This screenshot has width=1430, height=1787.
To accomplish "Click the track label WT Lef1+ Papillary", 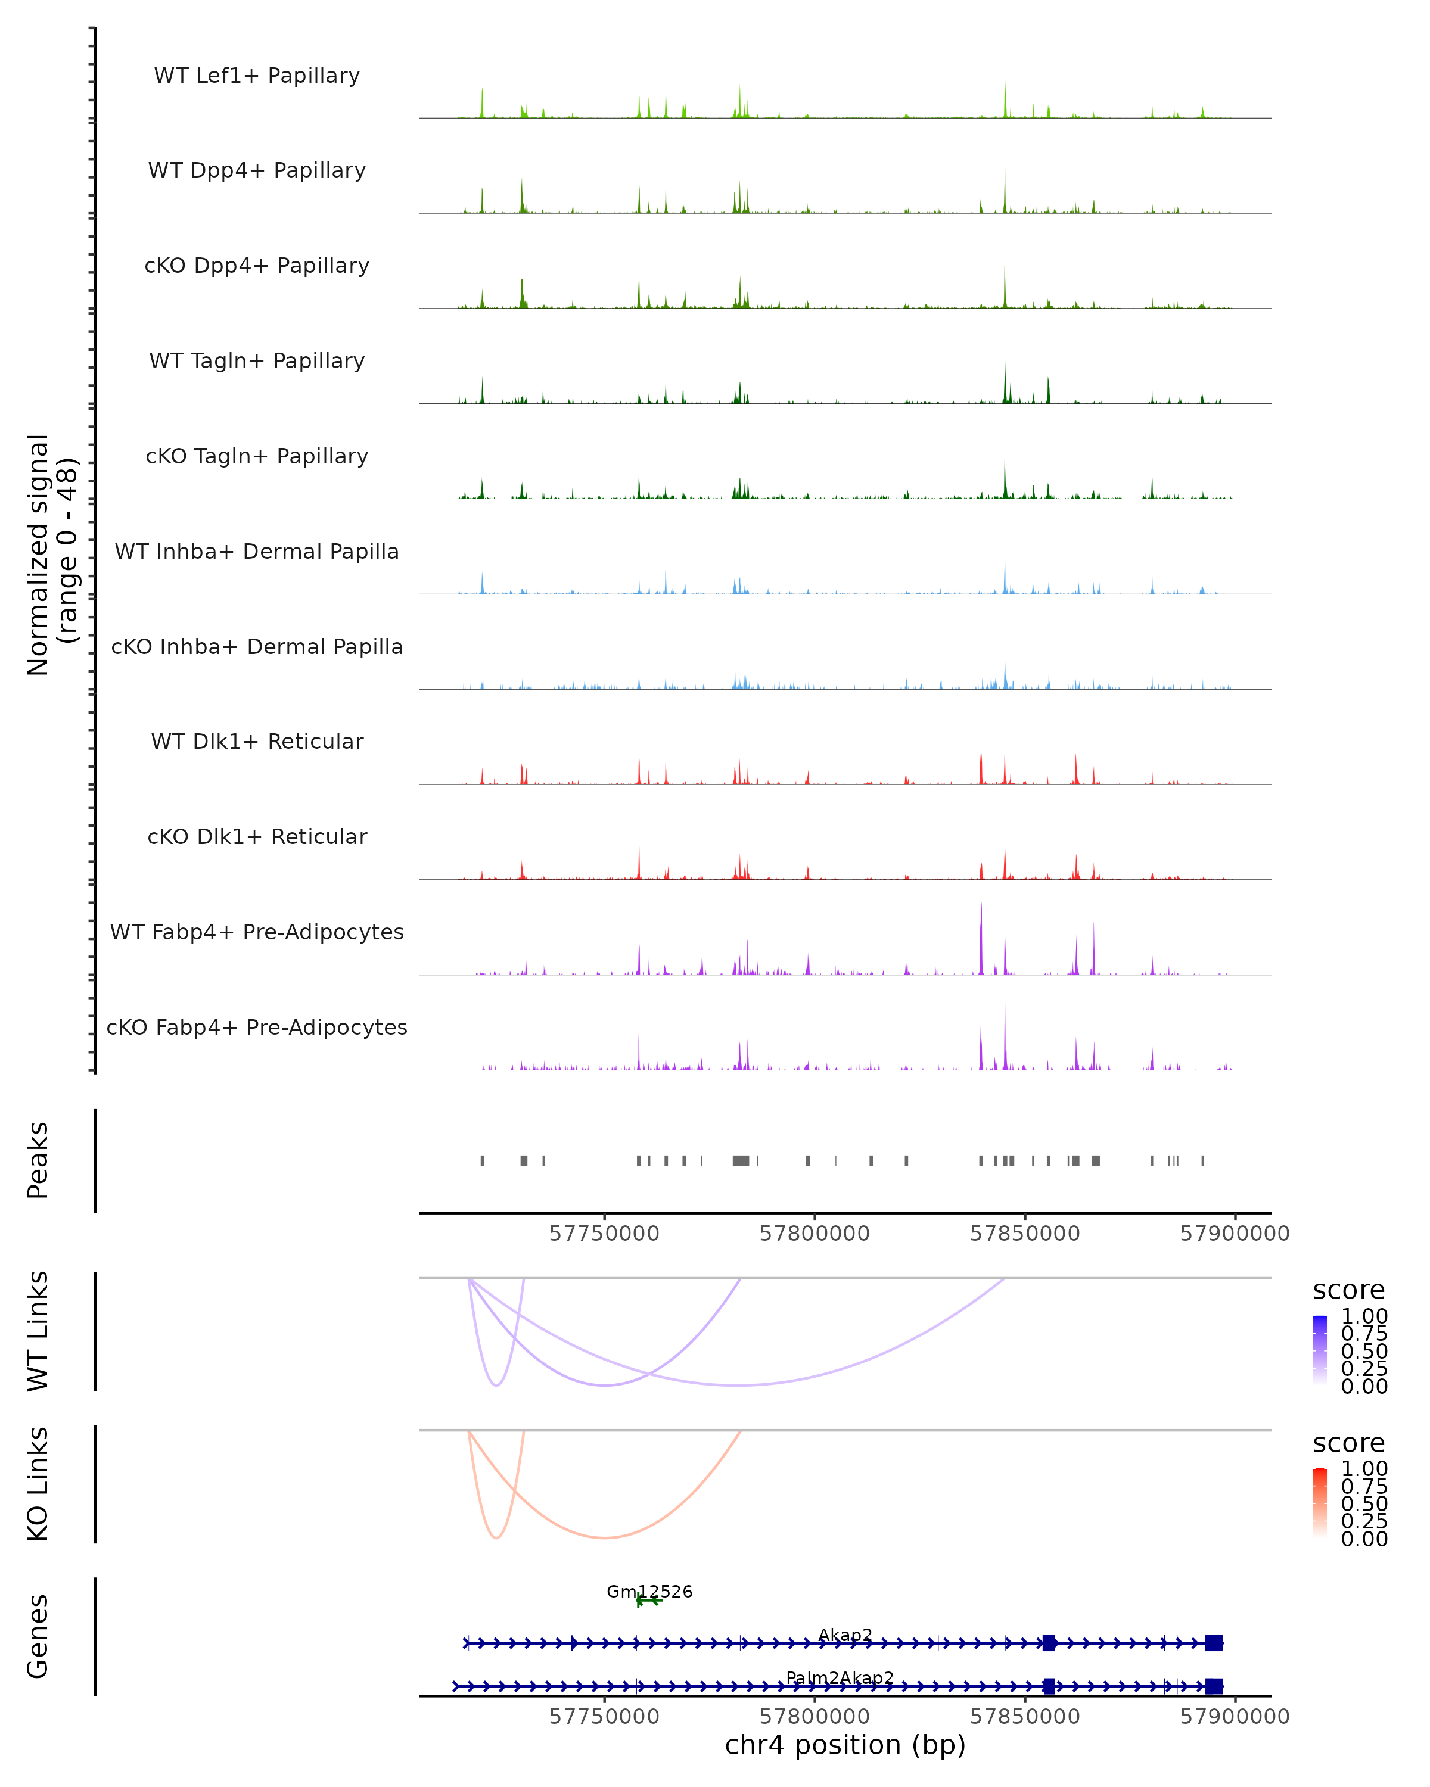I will (257, 76).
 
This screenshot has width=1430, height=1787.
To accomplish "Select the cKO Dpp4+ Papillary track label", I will (257, 266).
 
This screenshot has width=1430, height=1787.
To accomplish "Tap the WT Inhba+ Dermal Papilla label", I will (257, 552).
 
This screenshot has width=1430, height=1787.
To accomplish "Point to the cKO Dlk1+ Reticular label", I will (257, 837).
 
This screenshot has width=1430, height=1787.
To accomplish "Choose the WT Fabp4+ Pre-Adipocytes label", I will (257, 932).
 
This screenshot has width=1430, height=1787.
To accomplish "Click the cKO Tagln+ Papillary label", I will (257, 457).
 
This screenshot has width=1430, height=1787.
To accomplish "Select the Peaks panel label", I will (38, 1160).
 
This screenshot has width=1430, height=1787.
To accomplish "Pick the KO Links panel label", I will (38, 1484).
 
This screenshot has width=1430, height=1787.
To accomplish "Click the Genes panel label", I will (38, 1636).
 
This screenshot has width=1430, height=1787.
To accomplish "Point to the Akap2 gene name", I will (845, 1635).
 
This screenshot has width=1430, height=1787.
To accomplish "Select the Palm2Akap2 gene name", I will (840, 1677).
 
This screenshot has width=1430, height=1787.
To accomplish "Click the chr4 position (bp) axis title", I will (845, 1745).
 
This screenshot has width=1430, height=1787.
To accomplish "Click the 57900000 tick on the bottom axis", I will (1235, 1717).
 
